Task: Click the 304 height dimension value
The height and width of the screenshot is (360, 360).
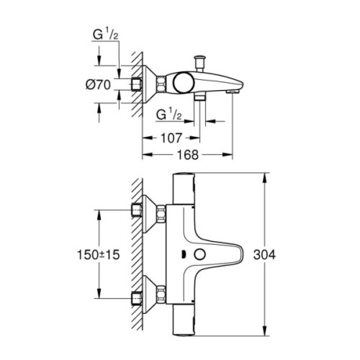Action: point(266,256)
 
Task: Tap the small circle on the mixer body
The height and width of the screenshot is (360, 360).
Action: point(200,254)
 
